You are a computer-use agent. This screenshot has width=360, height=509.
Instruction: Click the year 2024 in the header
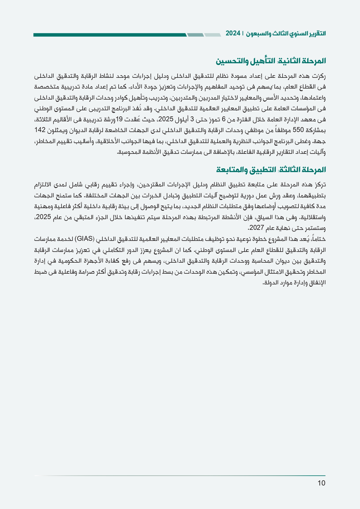point(233,33)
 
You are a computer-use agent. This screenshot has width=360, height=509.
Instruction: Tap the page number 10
point(321,483)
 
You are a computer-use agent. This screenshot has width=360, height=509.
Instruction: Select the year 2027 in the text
point(256,228)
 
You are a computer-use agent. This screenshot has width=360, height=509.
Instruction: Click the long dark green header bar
point(110,35)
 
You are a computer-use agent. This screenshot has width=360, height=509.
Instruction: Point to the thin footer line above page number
point(180,476)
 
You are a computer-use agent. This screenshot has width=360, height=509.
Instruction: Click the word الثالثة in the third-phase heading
point(290,170)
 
